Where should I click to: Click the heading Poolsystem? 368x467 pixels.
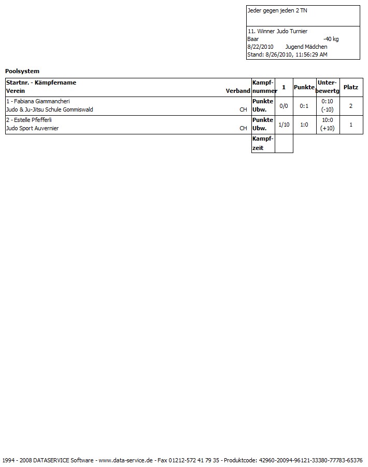click(22, 71)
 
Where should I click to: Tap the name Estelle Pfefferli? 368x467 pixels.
click(32, 120)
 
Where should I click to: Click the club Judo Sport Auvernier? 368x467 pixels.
click(32, 128)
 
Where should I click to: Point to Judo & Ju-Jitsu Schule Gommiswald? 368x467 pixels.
click(49, 109)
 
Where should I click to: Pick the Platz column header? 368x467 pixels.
click(351, 87)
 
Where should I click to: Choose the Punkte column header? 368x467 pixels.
click(304, 87)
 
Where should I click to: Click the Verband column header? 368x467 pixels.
click(238, 91)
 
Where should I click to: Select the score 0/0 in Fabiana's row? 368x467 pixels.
click(284, 106)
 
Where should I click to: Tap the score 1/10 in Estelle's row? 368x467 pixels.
click(284, 125)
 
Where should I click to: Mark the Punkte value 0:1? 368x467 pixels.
click(304, 106)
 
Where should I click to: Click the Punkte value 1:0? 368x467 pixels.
click(304, 125)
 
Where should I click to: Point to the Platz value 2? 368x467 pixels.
click(351, 106)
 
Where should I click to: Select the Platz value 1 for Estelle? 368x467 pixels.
click(351, 125)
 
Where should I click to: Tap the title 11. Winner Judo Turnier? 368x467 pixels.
click(277, 31)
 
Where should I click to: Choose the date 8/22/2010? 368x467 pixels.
click(260, 47)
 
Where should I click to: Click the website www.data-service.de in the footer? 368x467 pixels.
click(125, 460)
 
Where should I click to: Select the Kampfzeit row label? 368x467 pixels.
click(263, 143)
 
